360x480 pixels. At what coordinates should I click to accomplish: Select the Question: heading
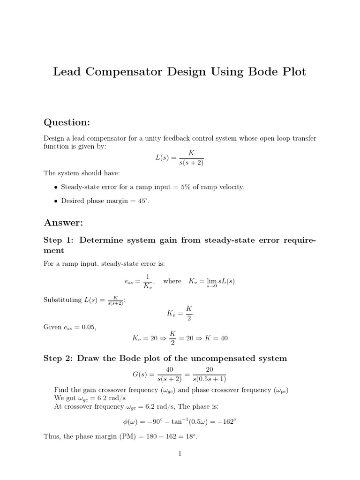(x=67, y=122)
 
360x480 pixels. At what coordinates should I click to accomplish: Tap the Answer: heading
(x=63, y=222)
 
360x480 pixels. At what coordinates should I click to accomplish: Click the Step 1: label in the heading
(x=59, y=240)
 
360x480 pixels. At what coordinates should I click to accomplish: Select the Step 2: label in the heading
(x=59, y=359)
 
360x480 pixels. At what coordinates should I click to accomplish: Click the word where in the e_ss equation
(x=172, y=281)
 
